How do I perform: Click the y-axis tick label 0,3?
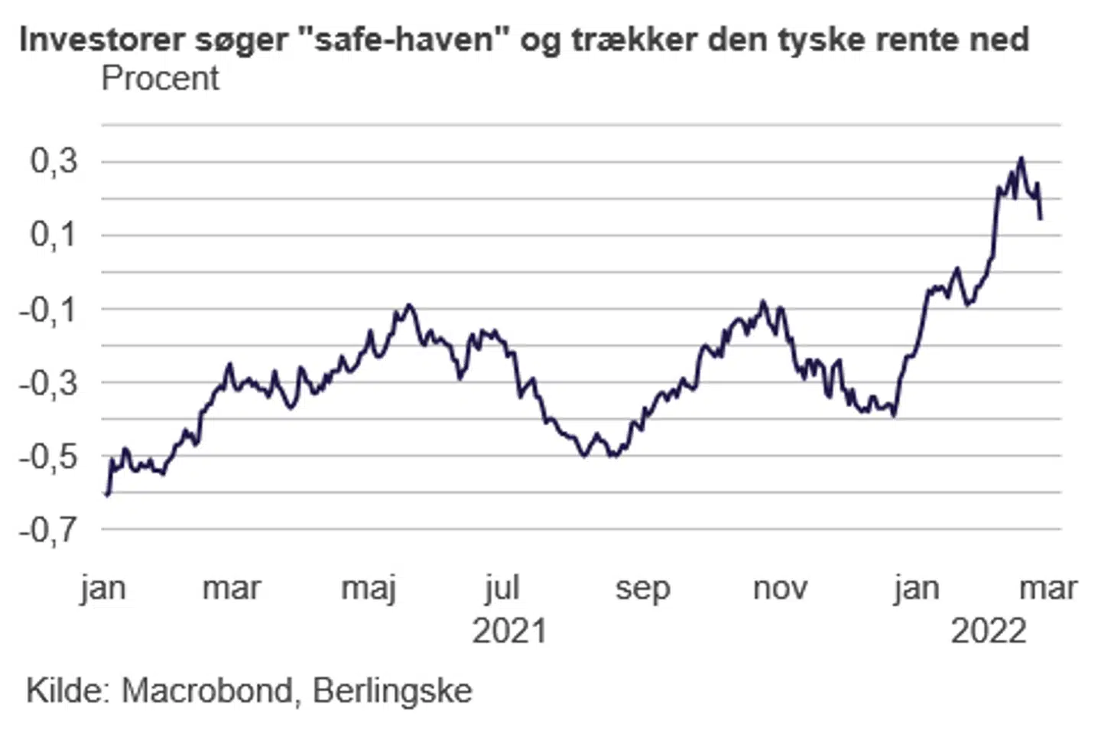(x=54, y=161)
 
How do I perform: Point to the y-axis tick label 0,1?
(x=54, y=235)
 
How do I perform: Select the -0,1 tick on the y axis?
(x=48, y=310)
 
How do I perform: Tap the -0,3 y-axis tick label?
(x=48, y=382)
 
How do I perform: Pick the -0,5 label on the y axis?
(x=48, y=456)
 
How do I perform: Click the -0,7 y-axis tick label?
(x=48, y=529)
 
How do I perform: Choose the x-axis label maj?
(x=369, y=589)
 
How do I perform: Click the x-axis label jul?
(x=502, y=589)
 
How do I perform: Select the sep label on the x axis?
(x=642, y=589)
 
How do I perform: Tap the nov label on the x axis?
(x=780, y=589)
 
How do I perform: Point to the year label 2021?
(x=509, y=632)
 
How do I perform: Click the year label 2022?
(x=988, y=632)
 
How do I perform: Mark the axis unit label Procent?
(x=160, y=78)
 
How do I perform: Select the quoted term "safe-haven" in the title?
(x=401, y=40)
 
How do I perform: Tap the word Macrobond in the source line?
(x=207, y=690)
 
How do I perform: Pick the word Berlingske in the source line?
(x=392, y=690)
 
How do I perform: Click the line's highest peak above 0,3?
(x=1021, y=158)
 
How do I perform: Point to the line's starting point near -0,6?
(x=107, y=495)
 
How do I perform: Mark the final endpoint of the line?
(x=1041, y=219)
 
